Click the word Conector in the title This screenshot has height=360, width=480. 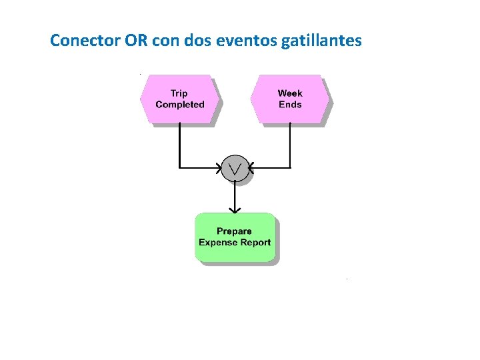(x=85, y=41)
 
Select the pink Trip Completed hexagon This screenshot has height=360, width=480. (x=179, y=99)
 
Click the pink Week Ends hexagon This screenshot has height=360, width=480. (x=289, y=99)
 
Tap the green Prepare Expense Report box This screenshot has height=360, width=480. (x=235, y=237)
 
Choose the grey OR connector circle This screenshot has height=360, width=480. (x=235, y=168)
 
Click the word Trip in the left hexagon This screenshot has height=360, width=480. (x=179, y=93)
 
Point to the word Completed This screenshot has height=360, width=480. (x=180, y=105)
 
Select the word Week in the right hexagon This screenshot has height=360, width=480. (x=290, y=93)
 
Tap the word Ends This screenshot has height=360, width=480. (x=290, y=105)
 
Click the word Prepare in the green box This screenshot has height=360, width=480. (x=235, y=231)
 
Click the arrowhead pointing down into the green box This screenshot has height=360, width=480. (x=235, y=208)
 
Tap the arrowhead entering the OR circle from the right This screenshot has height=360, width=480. (x=252, y=167)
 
